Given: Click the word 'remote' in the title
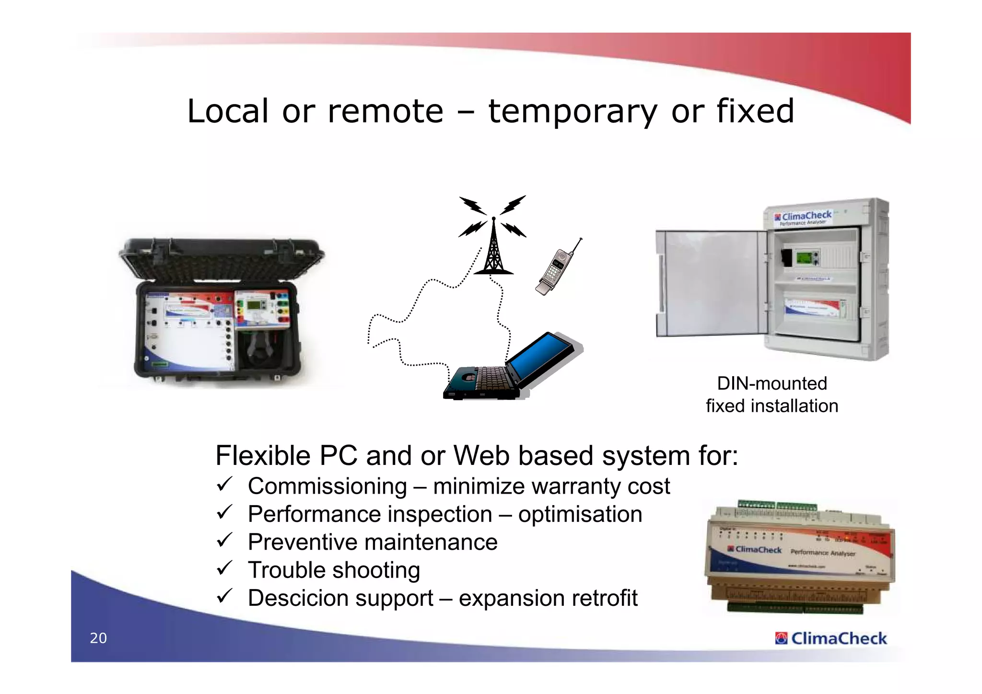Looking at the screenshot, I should (x=386, y=111).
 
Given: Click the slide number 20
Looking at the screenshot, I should (x=98, y=638).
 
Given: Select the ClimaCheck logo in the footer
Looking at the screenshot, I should (x=831, y=638).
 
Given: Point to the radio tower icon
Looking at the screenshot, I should (x=493, y=249).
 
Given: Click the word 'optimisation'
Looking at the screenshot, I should (x=580, y=515).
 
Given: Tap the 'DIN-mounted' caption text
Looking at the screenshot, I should (x=772, y=383).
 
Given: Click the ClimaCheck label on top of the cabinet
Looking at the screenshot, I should (x=806, y=217).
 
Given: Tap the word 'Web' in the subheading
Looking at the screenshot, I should (x=481, y=455).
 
